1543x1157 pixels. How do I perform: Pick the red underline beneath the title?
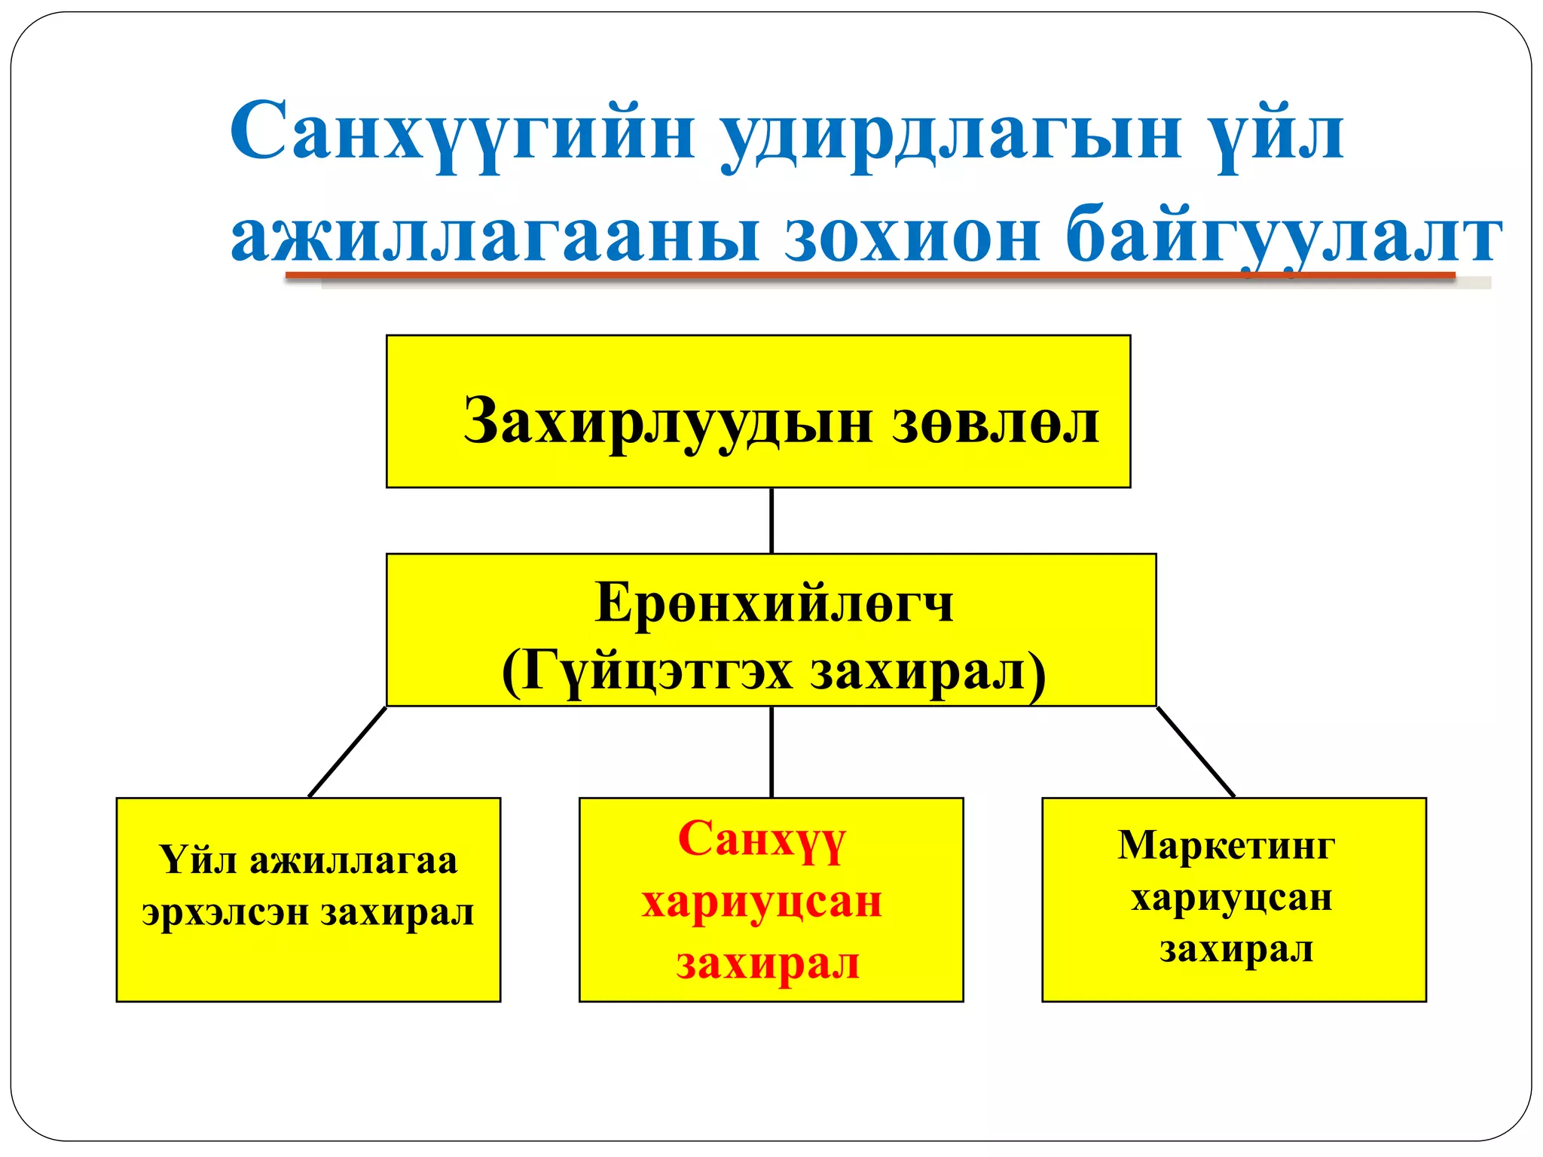[866, 276]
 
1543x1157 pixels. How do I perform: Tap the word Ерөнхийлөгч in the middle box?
[774, 603]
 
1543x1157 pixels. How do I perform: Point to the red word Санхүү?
[762, 839]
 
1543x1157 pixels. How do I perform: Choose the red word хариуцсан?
[762, 902]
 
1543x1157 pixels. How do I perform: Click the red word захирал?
[768, 963]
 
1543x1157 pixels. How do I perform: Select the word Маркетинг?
[1226, 845]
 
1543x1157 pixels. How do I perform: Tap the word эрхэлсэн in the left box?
[226, 913]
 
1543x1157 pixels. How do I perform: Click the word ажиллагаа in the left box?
[353, 861]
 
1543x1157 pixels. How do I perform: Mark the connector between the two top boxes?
[771, 520]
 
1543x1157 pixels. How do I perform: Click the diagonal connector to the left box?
[347, 752]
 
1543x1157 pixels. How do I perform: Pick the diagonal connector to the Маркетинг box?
[1196, 752]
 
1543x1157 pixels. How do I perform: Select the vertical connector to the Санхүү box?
[771, 752]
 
